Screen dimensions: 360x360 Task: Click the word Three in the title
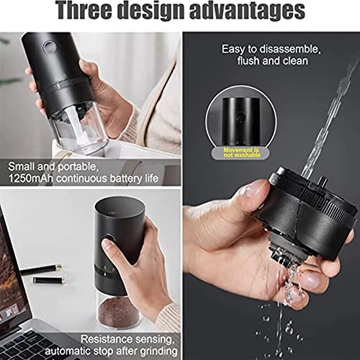[95, 12]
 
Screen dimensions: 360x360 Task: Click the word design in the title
[163, 12]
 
